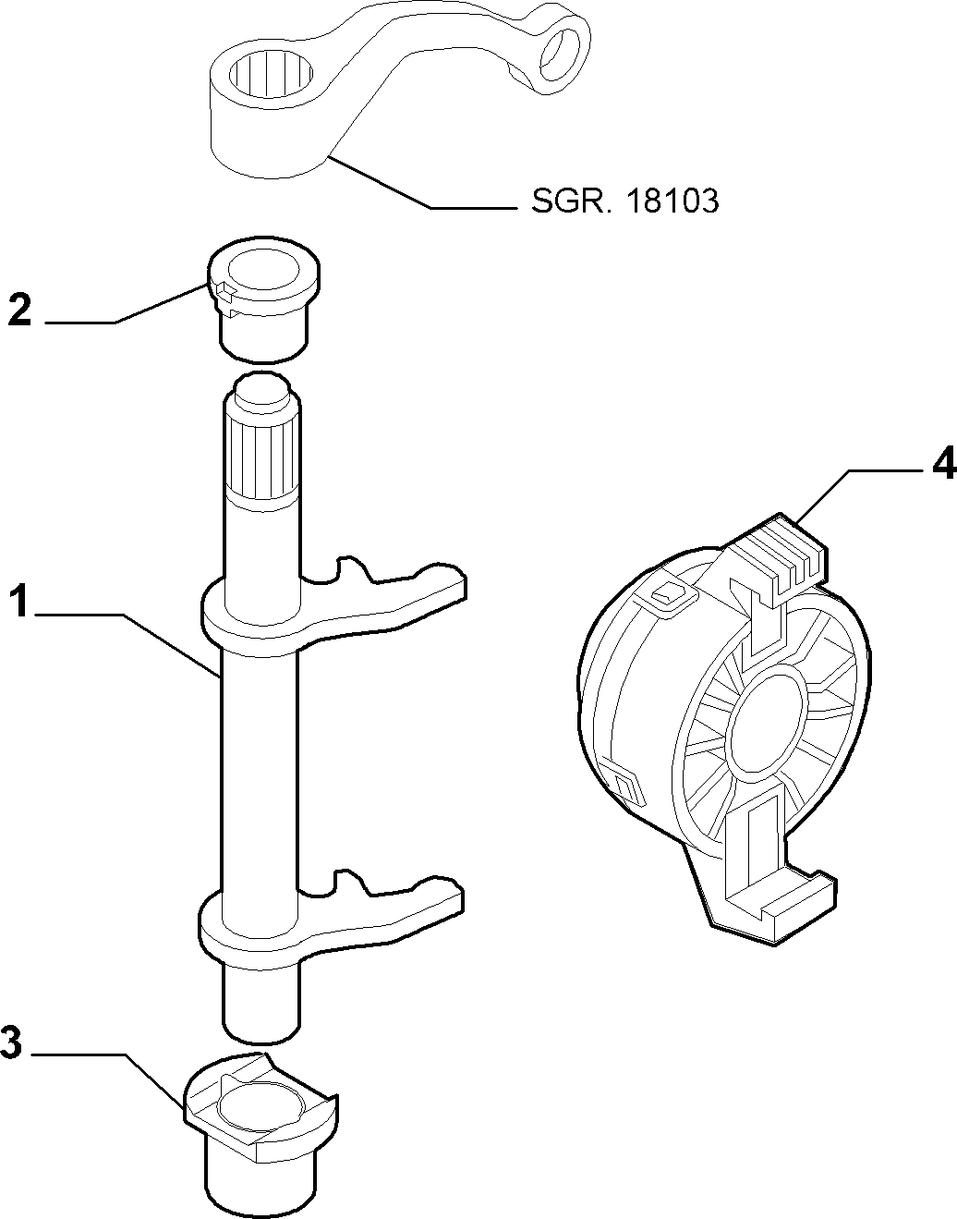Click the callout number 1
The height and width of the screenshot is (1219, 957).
(19, 600)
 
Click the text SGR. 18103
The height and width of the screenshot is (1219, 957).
(625, 201)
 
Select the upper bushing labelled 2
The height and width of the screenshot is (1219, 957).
(263, 300)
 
